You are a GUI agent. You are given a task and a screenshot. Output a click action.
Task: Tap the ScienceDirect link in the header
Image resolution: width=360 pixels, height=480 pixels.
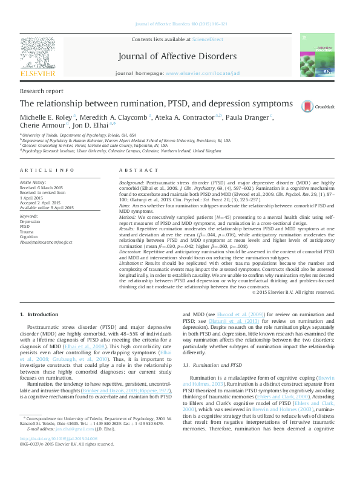coord(208,39)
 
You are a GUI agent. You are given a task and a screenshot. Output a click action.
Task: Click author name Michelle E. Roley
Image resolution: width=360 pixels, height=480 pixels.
coord(47,117)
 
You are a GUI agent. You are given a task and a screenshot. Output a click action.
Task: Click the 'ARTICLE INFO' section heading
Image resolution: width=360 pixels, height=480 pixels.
coord(47,171)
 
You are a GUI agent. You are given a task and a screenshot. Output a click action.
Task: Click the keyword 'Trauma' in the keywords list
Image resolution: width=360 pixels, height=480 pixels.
coord(27,231)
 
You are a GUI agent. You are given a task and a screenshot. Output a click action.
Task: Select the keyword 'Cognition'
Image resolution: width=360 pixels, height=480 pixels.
coord(29,236)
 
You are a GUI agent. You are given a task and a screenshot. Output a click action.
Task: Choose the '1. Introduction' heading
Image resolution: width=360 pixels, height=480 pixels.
coord(39,314)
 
